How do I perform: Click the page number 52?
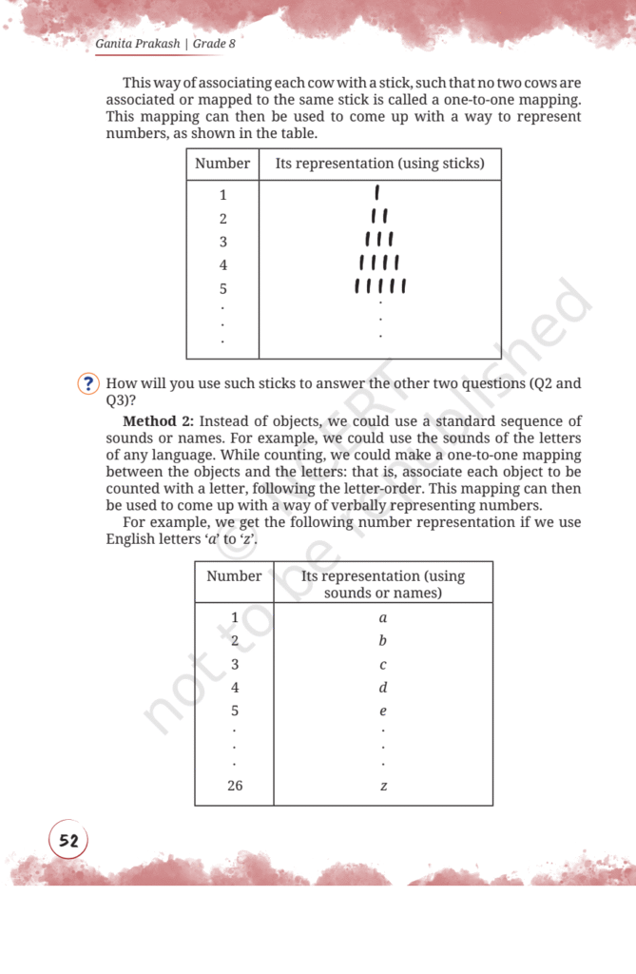click(68, 841)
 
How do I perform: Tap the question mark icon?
click(88, 383)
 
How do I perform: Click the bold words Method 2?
click(159, 420)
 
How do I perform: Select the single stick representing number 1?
click(379, 195)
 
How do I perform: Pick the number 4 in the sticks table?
click(223, 264)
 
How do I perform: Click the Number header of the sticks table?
click(222, 164)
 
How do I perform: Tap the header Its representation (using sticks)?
click(379, 164)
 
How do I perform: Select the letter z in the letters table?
click(383, 787)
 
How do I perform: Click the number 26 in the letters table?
click(234, 786)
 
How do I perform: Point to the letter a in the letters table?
click(383, 617)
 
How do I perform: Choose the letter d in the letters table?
click(383, 687)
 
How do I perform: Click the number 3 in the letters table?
click(234, 664)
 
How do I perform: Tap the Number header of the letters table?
click(234, 575)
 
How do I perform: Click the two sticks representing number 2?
click(379, 218)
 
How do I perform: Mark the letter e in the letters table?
click(383, 711)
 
